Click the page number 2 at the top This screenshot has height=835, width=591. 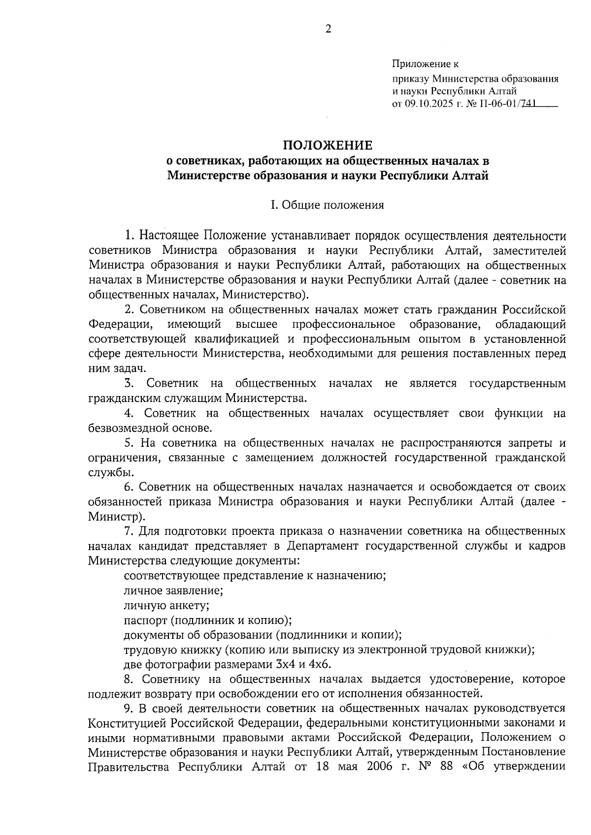(328, 29)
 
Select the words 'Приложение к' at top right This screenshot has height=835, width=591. (425, 64)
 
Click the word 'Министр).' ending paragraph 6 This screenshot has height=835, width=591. (117, 517)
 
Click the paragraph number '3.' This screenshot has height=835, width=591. (130, 383)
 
